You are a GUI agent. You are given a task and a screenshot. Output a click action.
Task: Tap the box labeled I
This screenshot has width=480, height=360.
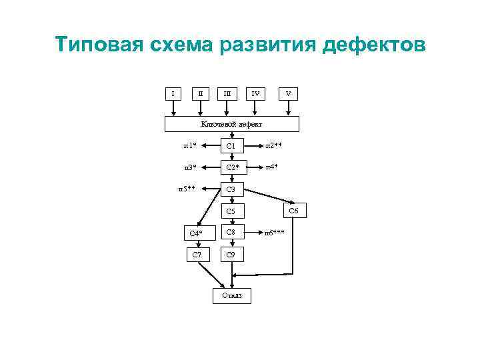click(173, 93)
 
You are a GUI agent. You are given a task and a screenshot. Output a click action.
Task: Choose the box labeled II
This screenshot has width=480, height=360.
click(201, 93)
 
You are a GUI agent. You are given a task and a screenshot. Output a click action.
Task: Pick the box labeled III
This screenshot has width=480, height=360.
click(228, 93)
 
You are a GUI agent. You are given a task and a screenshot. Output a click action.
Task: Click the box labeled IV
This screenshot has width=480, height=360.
click(255, 93)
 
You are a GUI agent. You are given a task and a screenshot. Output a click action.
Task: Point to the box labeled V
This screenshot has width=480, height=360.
click(288, 93)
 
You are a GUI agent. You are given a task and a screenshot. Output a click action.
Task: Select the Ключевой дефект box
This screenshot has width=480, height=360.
click(232, 124)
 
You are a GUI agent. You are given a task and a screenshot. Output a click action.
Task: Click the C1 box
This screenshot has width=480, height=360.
click(231, 145)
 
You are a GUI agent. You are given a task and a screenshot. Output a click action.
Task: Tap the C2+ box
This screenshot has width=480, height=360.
click(231, 167)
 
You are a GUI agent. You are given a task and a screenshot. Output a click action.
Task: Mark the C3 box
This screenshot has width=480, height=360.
click(231, 189)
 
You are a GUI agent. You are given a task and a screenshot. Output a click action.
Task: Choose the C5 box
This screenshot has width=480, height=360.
click(231, 211)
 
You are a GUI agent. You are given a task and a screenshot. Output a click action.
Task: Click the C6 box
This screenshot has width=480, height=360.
click(293, 211)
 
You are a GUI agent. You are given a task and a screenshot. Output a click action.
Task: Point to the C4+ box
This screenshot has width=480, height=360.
click(196, 233)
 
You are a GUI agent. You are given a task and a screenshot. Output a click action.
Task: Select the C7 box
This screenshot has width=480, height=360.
click(196, 255)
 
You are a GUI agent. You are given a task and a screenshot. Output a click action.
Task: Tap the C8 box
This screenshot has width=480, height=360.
click(231, 233)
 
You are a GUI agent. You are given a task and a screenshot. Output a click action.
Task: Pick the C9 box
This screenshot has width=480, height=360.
click(231, 255)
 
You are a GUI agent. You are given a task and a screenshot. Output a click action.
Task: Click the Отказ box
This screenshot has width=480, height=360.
click(232, 295)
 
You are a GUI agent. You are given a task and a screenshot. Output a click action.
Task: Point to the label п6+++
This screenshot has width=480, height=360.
click(275, 233)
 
